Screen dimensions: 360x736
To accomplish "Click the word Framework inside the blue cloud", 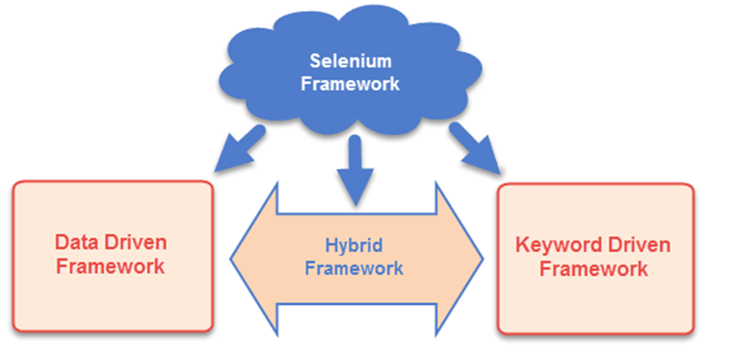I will pos(351,84).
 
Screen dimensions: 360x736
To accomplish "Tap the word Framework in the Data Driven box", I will pos(110,266).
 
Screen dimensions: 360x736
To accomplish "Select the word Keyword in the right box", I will pos(556,245).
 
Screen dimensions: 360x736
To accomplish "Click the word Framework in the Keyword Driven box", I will pos(594,269).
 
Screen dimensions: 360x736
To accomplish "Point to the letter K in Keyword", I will pos(523,245).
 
